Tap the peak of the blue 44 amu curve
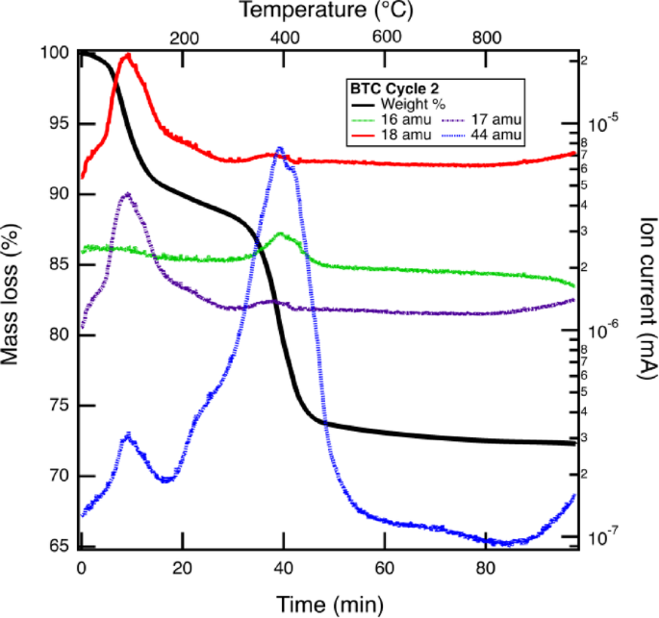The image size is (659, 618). pyautogui.click(x=280, y=148)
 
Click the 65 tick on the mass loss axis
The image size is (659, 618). pyautogui.click(x=61, y=547)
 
